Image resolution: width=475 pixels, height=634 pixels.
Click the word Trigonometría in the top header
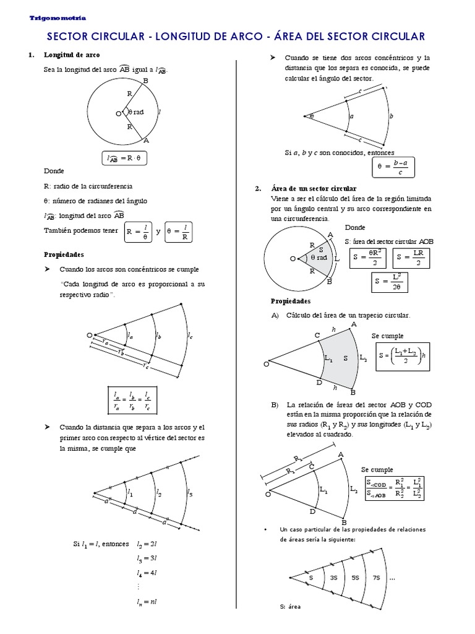click(58, 19)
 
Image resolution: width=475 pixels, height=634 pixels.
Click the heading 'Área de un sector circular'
click(314, 188)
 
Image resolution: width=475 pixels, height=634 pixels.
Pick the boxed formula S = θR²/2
click(368, 258)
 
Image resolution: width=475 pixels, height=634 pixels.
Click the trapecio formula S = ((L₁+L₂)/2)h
click(401, 356)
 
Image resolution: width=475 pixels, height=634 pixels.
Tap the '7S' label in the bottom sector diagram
click(375, 578)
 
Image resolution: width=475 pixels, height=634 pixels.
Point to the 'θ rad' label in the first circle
click(135, 113)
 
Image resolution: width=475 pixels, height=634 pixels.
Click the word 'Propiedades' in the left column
click(64, 254)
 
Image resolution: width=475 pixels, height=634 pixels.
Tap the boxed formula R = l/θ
click(137, 232)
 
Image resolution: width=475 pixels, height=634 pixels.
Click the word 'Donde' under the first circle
click(53, 171)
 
